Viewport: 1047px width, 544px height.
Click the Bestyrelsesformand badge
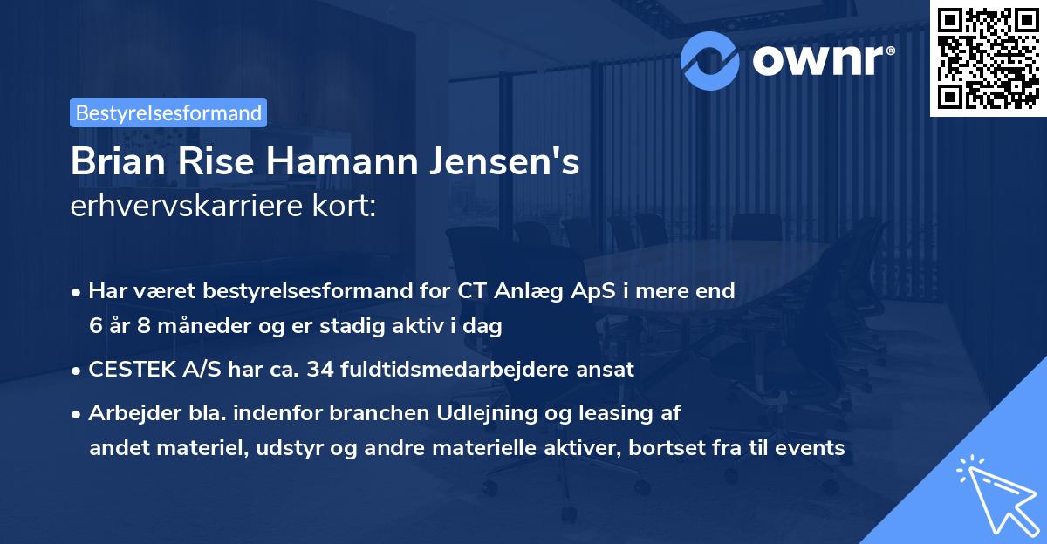click(x=168, y=112)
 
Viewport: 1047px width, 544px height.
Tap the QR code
click(x=988, y=57)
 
